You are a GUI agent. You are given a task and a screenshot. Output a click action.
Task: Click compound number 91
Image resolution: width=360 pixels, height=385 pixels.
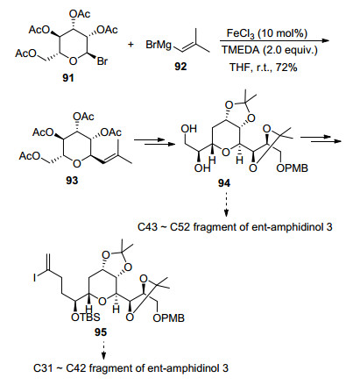click(x=68, y=78)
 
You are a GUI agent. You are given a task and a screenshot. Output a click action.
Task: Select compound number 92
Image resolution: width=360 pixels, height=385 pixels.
click(x=180, y=67)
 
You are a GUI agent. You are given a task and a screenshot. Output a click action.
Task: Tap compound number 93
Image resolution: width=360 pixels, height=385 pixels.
click(x=72, y=181)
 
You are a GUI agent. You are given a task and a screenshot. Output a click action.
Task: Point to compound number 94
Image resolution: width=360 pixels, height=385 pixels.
click(x=224, y=183)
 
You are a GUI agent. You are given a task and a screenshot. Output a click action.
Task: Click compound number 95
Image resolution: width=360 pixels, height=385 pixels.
click(x=101, y=332)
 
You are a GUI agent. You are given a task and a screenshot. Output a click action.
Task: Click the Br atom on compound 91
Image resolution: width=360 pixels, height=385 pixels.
click(x=102, y=61)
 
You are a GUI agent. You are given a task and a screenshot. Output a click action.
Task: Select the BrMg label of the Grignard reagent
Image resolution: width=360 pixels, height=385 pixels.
click(x=159, y=45)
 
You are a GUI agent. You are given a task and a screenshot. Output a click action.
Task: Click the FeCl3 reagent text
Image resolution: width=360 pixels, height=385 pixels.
click(x=240, y=34)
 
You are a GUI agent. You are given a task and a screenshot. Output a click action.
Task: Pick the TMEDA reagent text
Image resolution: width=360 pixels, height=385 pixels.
click(x=241, y=50)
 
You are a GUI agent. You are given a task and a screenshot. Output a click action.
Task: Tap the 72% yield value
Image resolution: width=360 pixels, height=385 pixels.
click(x=286, y=68)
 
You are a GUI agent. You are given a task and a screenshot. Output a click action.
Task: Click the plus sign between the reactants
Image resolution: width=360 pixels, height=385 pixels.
click(x=131, y=45)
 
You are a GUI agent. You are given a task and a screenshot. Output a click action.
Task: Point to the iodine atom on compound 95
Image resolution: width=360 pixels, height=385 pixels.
click(x=34, y=277)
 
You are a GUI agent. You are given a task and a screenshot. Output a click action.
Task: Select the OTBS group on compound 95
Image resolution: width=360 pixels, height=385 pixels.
click(x=86, y=317)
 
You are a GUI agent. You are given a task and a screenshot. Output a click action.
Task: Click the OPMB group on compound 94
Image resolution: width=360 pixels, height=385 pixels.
click(x=292, y=168)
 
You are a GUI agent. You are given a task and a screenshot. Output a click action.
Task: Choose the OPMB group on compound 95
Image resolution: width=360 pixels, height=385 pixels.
click(x=169, y=317)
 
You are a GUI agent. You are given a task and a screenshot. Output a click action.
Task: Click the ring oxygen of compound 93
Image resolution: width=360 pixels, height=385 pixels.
click(x=77, y=164)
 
